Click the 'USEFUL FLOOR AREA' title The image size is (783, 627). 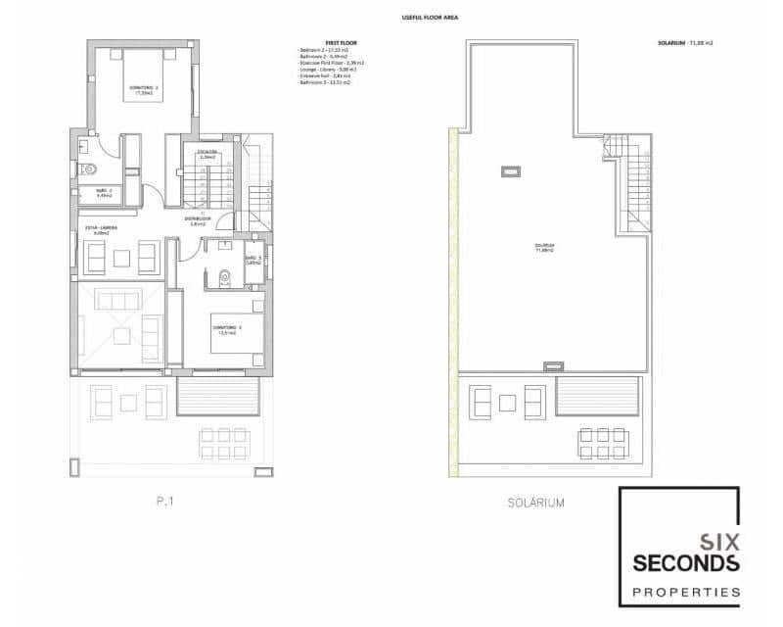coord(431,18)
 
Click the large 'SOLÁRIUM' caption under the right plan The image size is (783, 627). coord(536,502)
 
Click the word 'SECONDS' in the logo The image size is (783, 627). coord(685,563)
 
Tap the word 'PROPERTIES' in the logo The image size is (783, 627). coord(685,592)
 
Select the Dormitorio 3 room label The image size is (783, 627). coord(227,330)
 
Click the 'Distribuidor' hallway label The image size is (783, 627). coord(197,221)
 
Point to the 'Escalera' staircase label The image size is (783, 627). coord(206,154)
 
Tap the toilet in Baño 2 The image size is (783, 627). coord(82,169)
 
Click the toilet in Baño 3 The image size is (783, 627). coord(224,277)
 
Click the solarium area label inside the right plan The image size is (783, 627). coord(544,247)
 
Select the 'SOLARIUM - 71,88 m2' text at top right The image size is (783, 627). coord(685,43)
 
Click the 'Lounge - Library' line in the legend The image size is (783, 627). coord(327,70)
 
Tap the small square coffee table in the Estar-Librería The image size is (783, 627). coord(121,258)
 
